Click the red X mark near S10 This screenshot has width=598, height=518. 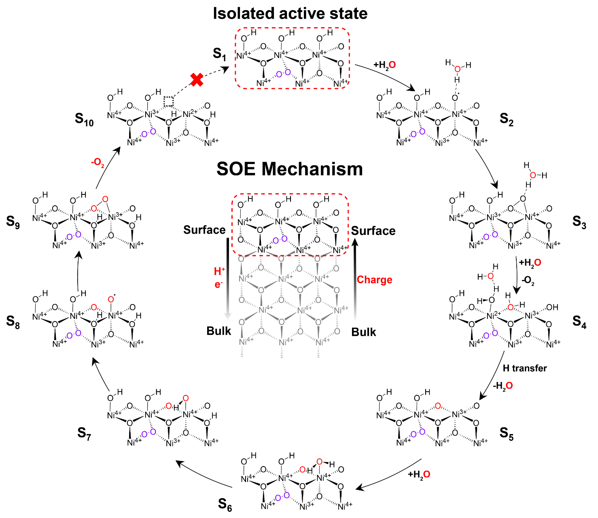tap(197, 80)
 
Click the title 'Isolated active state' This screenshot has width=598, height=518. tap(290, 13)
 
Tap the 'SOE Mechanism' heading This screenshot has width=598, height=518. tap(290, 169)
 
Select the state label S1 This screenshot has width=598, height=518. tap(220, 54)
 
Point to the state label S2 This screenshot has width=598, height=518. tap(506, 119)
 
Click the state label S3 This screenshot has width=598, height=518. tap(579, 222)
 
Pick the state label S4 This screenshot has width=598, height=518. tap(579, 322)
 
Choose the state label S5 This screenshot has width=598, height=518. tap(506, 433)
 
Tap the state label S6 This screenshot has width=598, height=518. tap(225, 504)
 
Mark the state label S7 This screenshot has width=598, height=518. tap(84, 434)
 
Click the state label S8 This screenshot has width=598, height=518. tap(13, 322)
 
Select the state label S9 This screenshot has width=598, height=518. tap(13, 222)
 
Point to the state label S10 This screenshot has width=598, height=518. tap(84, 119)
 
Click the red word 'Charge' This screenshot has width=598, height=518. tap(374, 280)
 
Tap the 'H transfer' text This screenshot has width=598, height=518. tap(525, 368)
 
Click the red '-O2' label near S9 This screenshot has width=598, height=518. tap(98, 164)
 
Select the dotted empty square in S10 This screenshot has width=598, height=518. tap(169, 101)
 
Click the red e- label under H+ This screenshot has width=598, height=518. tap(218, 285)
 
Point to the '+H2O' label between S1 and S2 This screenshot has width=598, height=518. tap(384, 65)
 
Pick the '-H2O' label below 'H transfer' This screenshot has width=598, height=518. tap(503, 386)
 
